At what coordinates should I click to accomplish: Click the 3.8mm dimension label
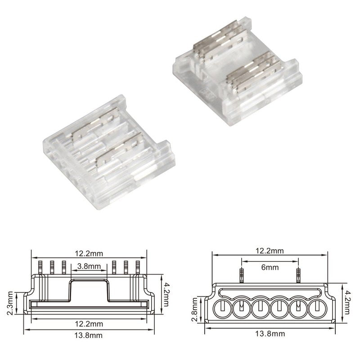(88, 266)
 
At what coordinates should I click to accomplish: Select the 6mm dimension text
(269, 267)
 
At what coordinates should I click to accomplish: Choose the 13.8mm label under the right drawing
(269, 333)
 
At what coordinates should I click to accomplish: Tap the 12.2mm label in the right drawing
(269, 250)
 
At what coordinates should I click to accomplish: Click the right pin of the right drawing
(297, 274)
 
